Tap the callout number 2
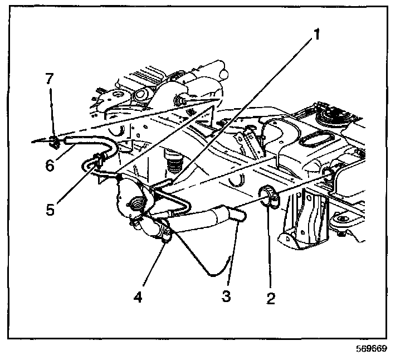click(x=270, y=298)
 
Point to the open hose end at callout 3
click(x=241, y=215)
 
